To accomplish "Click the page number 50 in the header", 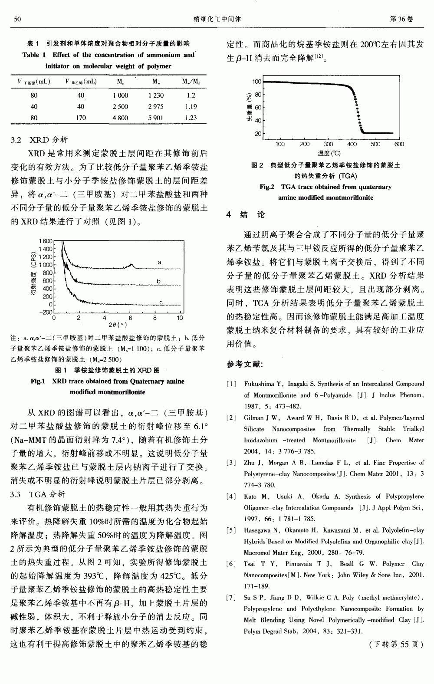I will pos(18,19).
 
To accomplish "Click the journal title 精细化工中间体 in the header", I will pos(217,19).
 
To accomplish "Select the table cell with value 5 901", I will pos(156,118).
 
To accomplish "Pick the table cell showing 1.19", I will pos(191,106).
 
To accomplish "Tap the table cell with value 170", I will pos(81,118).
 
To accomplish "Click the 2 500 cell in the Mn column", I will pos(120,106).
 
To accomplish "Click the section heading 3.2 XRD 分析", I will pos(39,140).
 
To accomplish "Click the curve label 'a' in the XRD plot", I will pos(159,263).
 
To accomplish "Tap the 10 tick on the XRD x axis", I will pos(180,318).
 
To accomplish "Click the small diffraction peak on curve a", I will pos(132,265).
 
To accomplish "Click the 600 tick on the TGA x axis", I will pos(399,144).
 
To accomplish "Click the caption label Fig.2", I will pos(267,187).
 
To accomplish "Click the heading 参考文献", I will pos(244,364).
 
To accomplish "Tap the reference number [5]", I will pos(231,530).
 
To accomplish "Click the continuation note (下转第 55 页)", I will pos(396,645).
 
